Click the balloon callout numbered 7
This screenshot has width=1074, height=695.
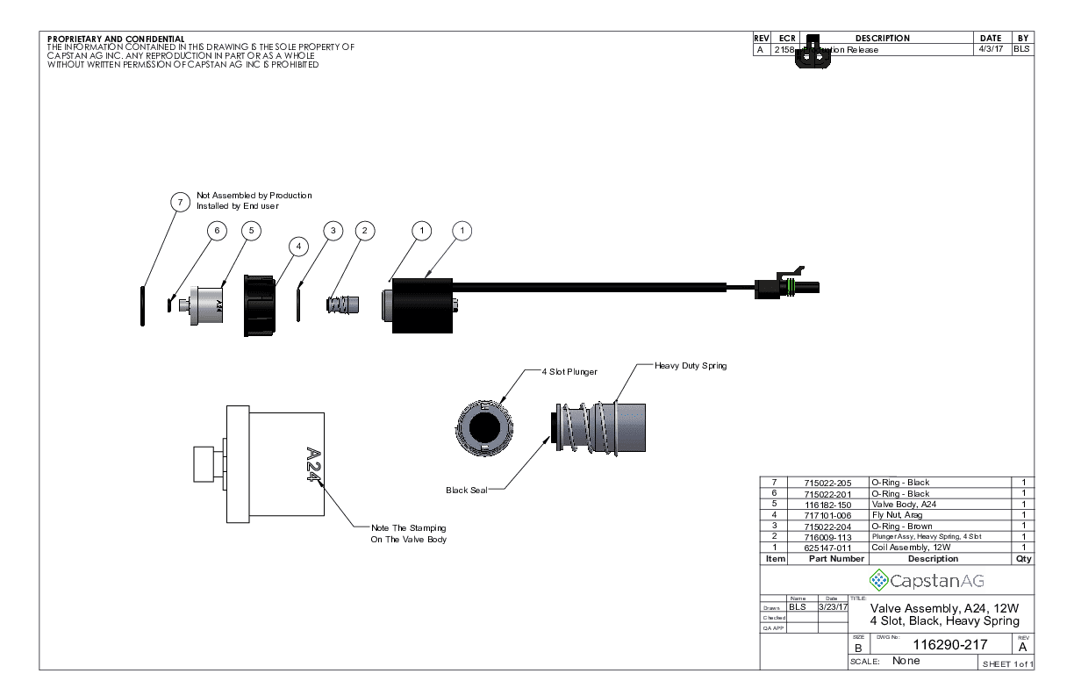coord(180,202)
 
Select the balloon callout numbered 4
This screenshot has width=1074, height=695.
coord(298,247)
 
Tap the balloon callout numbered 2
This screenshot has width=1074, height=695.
coord(364,230)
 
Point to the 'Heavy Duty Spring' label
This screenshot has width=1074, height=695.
coord(691,365)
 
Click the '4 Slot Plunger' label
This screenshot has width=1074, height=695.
coord(569,372)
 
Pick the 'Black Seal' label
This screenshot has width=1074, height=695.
coord(466,490)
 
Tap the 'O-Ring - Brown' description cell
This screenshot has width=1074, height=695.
coord(901,526)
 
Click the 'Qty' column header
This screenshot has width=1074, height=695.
coord(1023,558)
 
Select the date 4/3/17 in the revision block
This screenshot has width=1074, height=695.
coord(990,50)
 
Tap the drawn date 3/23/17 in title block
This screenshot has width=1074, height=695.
coord(832,606)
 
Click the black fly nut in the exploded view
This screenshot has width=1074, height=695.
coord(260,305)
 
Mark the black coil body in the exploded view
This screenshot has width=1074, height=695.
coord(421,305)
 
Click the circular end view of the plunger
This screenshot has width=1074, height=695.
coord(483,427)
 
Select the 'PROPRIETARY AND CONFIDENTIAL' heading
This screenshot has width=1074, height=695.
coord(116,39)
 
